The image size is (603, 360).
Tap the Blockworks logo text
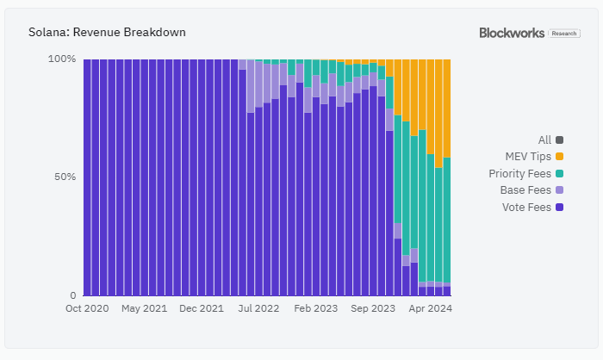click(x=512, y=33)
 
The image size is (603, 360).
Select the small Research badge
click(x=565, y=33)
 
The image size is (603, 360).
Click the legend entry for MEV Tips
click(x=527, y=156)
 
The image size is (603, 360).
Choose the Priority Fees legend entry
click(x=519, y=173)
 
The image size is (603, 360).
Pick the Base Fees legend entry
click(x=525, y=190)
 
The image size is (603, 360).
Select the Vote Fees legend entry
click(x=526, y=208)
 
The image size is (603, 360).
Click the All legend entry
click(x=544, y=140)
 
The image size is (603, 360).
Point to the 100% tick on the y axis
click(x=62, y=59)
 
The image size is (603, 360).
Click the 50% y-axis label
click(x=65, y=177)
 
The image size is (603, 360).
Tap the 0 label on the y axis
click(x=73, y=295)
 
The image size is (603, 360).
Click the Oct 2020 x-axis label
click(x=86, y=308)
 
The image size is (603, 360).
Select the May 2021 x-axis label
click(x=144, y=308)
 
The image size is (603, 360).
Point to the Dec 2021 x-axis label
click(x=201, y=308)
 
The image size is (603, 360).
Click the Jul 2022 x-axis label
click(x=258, y=308)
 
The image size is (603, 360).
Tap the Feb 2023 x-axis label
click(x=315, y=308)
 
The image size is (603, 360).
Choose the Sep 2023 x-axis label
click(x=372, y=308)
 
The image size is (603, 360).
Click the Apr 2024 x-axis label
click(x=430, y=308)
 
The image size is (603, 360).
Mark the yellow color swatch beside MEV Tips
click(x=560, y=156)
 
